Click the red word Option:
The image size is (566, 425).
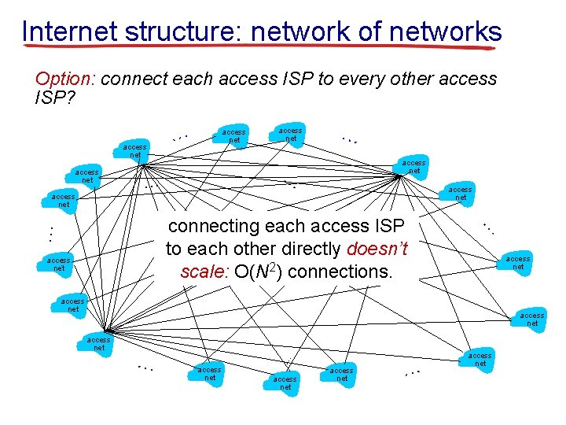(66, 79)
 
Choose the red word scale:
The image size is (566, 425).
(203, 272)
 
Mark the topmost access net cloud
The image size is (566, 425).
(290, 134)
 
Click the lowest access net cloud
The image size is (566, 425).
(285, 382)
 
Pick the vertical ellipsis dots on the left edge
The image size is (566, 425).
(49, 233)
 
